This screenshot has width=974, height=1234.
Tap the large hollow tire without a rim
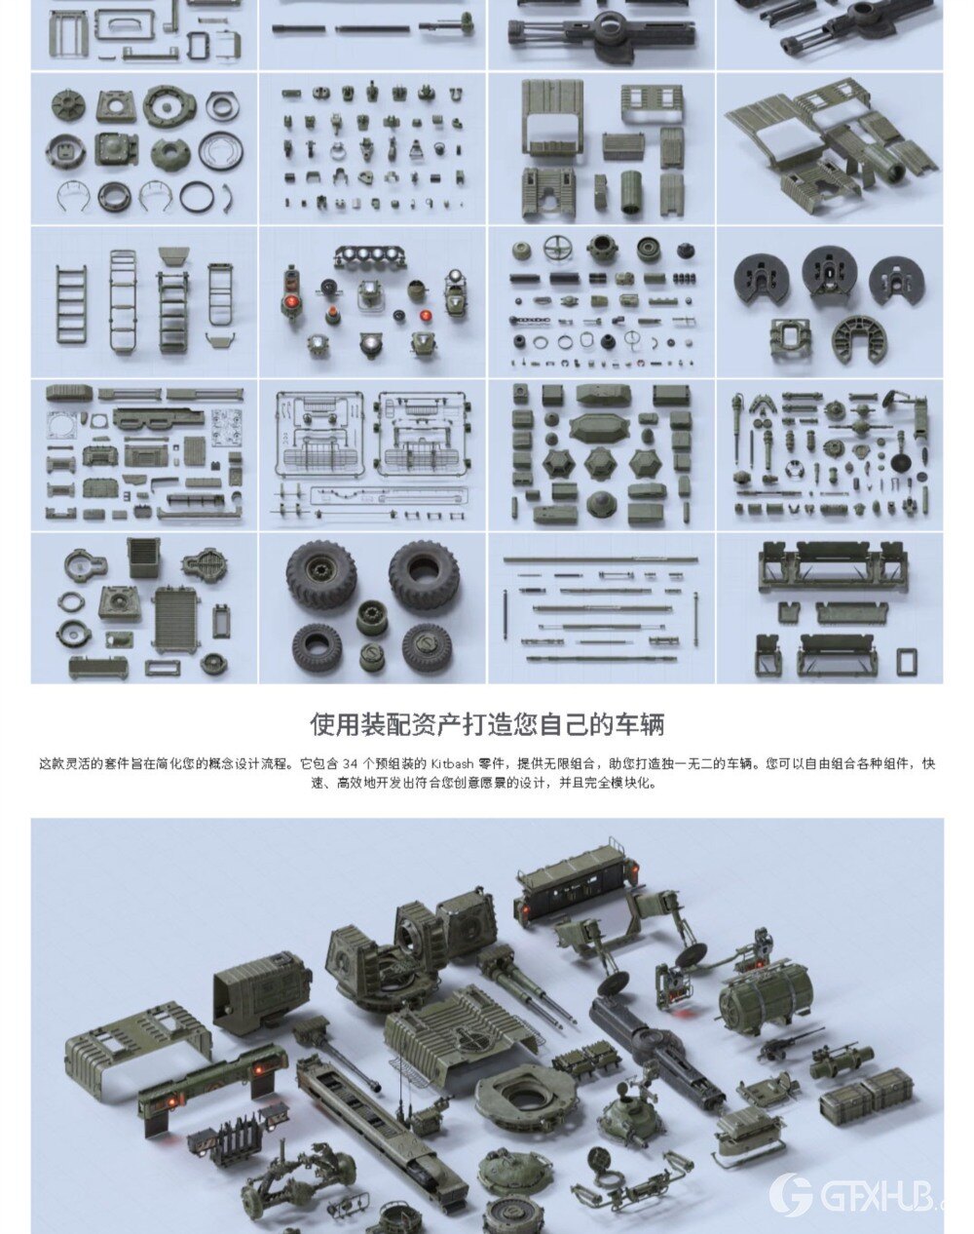(424, 574)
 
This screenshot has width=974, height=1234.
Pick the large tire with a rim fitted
(320, 574)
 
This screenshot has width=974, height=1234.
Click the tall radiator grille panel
(176, 619)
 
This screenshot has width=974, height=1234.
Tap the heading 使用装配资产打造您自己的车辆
(487, 724)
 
